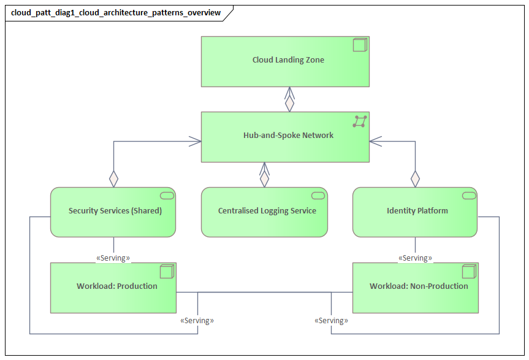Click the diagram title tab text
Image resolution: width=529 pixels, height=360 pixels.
pos(116,13)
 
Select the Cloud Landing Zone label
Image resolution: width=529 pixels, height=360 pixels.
pos(288,60)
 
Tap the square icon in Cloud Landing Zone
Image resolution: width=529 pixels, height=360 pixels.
pos(360,45)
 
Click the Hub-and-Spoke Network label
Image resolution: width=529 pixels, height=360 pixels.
pos(288,135)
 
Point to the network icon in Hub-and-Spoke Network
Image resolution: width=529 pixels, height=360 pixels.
pos(360,121)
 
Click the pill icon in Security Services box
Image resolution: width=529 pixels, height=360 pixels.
pos(167,196)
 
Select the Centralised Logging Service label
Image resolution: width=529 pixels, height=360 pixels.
pos(267,210)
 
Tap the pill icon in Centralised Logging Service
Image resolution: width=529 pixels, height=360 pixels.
pos(318,196)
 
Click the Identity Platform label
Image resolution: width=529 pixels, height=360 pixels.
pos(417,210)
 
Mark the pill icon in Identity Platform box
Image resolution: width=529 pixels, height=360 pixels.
pos(469,196)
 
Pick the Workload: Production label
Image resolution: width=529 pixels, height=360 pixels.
pos(117,286)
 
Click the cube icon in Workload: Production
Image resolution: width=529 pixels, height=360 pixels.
pos(166,271)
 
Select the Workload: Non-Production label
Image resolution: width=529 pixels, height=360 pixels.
pos(419,286)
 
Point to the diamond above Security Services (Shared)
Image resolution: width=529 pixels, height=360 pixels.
pos(113,179)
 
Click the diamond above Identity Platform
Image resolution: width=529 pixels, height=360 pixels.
pos(416,179)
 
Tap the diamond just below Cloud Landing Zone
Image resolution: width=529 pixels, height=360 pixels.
pos(289,104)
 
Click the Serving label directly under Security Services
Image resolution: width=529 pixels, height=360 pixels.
pos(113,258)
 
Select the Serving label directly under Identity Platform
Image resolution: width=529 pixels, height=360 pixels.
pos(415,258)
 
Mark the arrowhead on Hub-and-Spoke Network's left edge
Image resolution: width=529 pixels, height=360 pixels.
pos(196,142)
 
